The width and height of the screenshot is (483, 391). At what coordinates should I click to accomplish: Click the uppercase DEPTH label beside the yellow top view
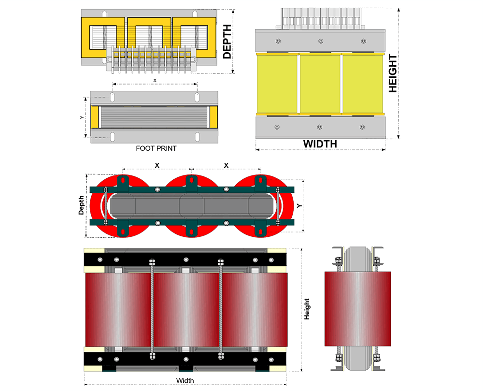[x=227, y=42]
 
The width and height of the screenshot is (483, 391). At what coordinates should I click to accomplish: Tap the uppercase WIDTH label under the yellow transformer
[x=320, y=144]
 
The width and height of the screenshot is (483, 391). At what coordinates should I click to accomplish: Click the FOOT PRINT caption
[x=156, y=148]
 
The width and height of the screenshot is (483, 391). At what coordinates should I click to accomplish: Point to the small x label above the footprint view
[x=155, y=80]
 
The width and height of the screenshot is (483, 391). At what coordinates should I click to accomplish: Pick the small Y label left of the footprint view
[x=82, y=117]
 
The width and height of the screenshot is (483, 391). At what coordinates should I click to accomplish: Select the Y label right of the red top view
[x=299, y=206]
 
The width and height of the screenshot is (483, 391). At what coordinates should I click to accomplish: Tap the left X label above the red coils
[x=157, y=165]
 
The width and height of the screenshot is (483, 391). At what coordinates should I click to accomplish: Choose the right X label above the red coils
[x=226, y=165]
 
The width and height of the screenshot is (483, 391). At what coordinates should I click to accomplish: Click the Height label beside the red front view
[x=307, y=309]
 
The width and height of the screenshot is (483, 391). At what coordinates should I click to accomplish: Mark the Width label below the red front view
[x=185, y=380]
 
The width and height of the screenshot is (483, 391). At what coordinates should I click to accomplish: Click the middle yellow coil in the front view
[x=320, y=84]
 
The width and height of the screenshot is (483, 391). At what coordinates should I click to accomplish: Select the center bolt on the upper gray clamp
[x=320, y=42]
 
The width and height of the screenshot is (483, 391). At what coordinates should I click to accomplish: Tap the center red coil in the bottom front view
[x=186, y=309]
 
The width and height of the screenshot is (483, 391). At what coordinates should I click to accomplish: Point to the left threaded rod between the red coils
[x=152, y=309]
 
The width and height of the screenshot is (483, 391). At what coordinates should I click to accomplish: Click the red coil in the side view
[x=357, y=309]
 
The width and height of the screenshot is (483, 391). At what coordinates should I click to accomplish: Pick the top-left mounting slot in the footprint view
[x=113, y=98]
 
